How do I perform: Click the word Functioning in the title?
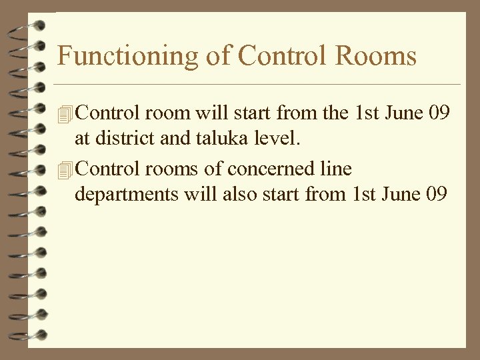(x=127, y=57)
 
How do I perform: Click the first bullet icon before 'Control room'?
(x=65, y=114)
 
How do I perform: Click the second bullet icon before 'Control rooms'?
(x=65, y=170)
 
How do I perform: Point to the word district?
(x=123, y=139)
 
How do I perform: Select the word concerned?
(x=273, y=169)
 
